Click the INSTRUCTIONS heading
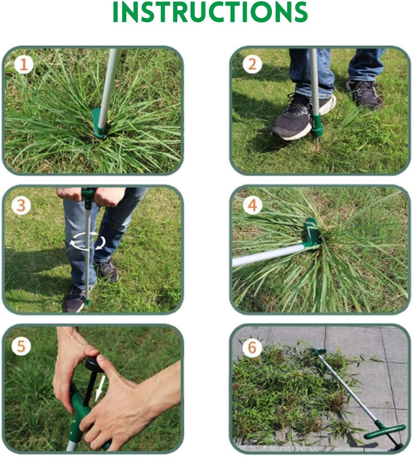coord(210,12)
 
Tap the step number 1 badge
coord(24,65)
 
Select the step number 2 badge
coord(252,65)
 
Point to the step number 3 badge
coord(21,206)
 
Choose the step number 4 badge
coord(252,206)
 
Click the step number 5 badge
coord(21,346)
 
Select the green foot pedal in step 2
coord(317,124)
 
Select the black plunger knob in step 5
coord(94,364)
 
